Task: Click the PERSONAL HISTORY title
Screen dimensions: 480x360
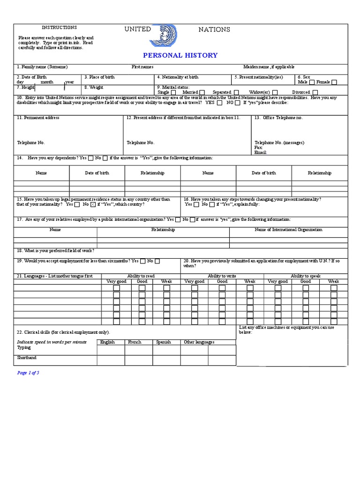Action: click(x=180, y=55)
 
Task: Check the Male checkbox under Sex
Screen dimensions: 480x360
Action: click(x=312, y=82)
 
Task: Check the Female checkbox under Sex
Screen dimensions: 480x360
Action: click(x=334, y=82)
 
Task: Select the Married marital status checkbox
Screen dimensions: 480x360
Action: click(x=202, y=92)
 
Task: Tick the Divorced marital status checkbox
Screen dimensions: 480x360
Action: click(x=315, y=92)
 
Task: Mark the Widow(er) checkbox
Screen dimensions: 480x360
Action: click(x=275, y=92)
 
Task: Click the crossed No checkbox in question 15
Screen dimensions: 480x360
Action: click(x=92, y=204)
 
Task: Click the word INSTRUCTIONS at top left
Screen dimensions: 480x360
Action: click(x=60, y=28)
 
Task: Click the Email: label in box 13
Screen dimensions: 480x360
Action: click(x=261, y=152)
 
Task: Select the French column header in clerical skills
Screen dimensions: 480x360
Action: click(x=135, y=342)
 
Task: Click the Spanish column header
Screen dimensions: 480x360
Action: click(x=164, y=342)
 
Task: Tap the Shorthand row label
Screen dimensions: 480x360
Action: click(x=27, y=358)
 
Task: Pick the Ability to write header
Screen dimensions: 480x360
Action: click(x=222, y=276)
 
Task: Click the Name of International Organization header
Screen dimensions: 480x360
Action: click(x=288, y=230)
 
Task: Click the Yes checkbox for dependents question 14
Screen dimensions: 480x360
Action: click(x=91, y=158)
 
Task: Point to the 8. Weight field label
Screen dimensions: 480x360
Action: click(x=94, y=87)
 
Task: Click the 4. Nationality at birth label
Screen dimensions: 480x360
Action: click(x=178, y=77)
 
